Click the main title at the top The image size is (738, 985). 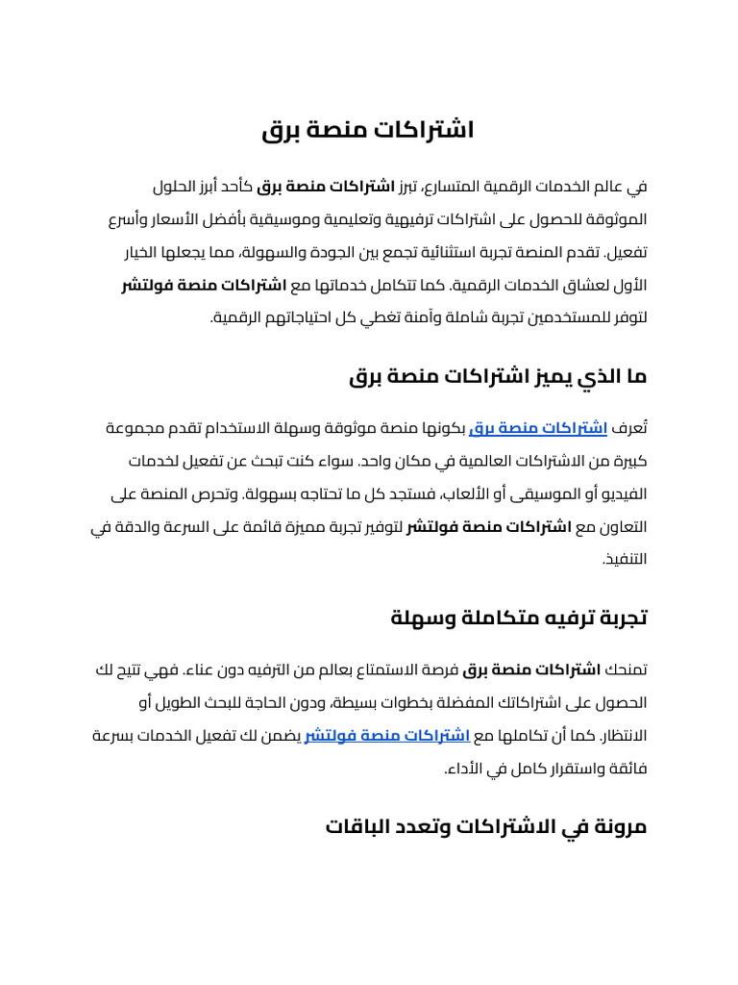369,130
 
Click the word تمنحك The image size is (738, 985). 627,669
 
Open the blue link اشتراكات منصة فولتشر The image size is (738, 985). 387,736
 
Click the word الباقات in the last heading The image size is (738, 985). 361,826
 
